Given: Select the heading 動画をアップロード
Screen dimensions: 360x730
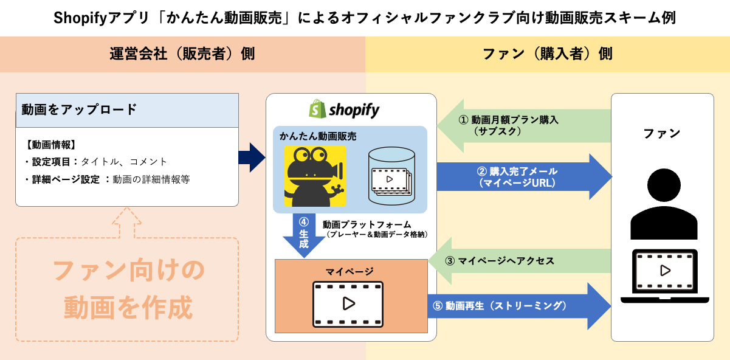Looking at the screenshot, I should (x=79, y=110).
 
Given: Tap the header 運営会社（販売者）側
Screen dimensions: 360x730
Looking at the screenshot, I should (x=182, y=54).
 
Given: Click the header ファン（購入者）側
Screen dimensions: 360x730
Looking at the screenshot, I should (x=547, y=54).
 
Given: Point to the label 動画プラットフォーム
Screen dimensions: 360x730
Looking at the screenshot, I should (x=367, y=224).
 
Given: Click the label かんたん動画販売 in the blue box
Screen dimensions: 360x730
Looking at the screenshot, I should (x=318, y=136).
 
